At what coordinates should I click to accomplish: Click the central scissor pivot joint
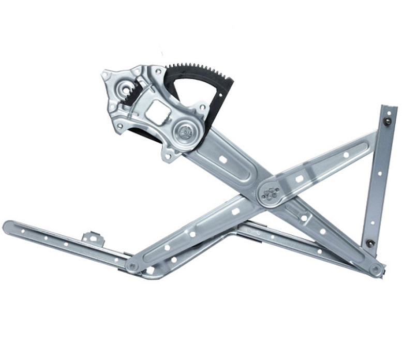click(270, 194)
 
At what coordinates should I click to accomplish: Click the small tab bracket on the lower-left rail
click(94, 238)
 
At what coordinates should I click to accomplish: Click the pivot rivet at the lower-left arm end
click(133, 266)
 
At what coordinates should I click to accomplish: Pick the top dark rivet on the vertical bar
click(387, 122)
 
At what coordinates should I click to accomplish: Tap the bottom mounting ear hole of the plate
click(169, 154)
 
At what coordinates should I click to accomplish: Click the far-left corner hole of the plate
click(106, 76)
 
